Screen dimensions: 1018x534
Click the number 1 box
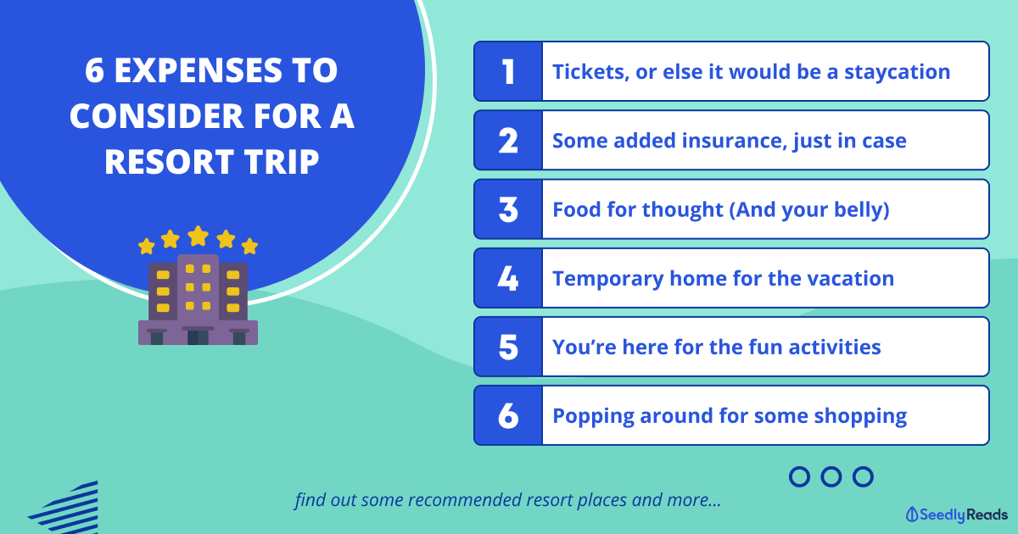click(508, 71)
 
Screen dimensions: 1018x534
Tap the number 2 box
click(508, 141)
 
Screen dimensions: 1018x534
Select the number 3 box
click(508, 209)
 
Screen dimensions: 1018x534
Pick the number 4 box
click(508, 278)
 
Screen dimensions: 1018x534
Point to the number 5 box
click(508, 347)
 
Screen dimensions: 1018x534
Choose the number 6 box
click(508, 415)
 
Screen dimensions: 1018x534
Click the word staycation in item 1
click(898, 72)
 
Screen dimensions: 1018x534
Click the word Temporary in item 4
click(607, 279)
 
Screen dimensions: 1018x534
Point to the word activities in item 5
click(835, 347)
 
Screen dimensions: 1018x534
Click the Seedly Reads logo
click(956, 515)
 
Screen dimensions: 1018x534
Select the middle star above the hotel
click(199, 236)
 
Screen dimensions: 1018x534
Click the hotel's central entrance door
click(199, 337)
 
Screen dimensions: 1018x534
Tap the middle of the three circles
click(831, 476)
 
